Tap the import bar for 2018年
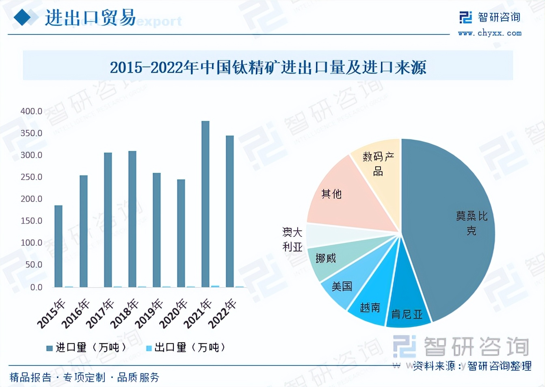click(x=132, y=219)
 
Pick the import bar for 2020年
click(x=181, y=233)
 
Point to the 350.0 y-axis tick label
click(x=31, y=133)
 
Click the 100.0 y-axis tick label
click(x=31, y=243)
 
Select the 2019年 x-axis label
click(x=149, y=313)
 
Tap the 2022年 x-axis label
click(x=222, y=313)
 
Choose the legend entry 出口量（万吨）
click(x=186, y=348)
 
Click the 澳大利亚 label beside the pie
click(x=292, y=239)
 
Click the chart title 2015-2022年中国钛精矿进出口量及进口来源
click(x=268, y=67)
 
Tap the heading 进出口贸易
click(x=90, y=18)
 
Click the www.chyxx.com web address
click(x=490, y=33)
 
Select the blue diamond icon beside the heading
click(x=23, y=17)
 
